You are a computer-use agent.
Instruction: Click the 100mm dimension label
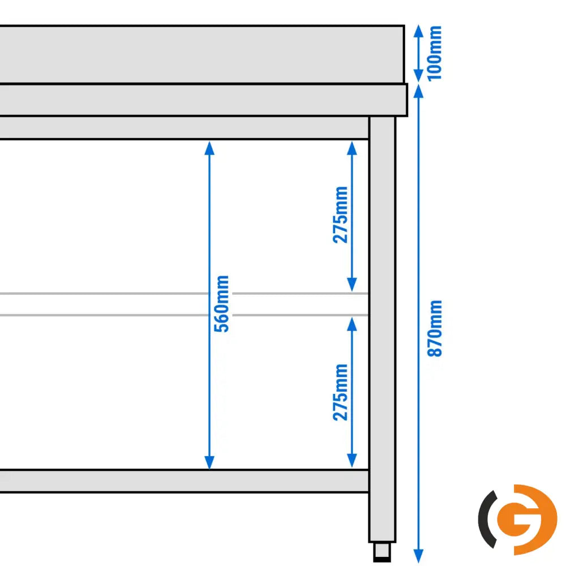(434, 53)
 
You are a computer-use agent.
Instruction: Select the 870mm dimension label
(434, 328)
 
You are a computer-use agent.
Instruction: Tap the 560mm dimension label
(221, 303)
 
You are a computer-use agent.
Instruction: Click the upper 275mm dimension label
(340, 215)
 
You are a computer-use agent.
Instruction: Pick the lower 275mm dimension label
(340, 392)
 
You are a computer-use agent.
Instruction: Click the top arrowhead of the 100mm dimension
(418, 31)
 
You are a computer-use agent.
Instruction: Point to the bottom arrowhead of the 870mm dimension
(418, 556)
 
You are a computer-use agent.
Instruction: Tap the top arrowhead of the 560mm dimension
(209, 148)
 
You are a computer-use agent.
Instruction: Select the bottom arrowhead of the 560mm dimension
(209, 462)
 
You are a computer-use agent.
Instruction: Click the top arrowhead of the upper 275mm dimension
(352, 148)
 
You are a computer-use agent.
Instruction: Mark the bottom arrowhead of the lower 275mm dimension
(352, 461)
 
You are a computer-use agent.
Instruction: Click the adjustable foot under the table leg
(382, 552)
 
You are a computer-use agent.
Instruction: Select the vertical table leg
(382, 329)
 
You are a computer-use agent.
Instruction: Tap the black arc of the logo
(486, 519)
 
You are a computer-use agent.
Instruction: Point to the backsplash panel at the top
(202, 54)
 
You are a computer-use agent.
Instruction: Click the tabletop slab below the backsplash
(204, 100)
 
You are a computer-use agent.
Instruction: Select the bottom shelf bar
(184, 481)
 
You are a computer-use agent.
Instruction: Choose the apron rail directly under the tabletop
(184, 128)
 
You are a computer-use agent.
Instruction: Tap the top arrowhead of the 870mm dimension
(418, 91)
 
